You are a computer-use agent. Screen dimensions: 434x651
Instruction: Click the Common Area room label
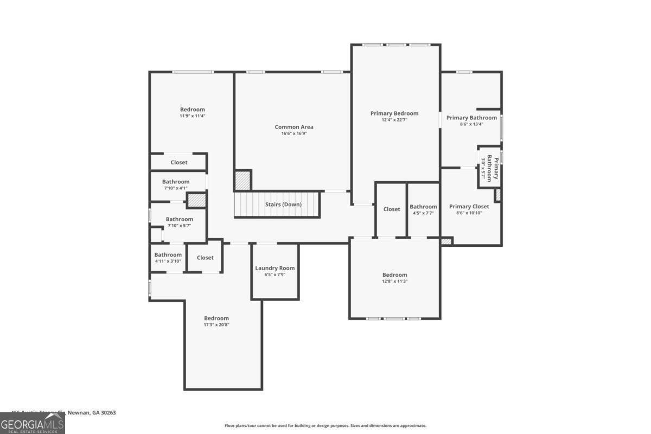coord(293,127)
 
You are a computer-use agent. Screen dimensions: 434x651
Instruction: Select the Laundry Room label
coord(275,268)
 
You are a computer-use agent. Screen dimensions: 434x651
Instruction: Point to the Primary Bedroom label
coord(394,113)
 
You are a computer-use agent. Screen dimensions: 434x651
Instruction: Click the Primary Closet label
coord(469,206)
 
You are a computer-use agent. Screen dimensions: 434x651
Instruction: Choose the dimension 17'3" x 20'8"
coord(216,325)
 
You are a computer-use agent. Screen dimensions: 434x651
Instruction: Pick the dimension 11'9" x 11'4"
coord(193,116)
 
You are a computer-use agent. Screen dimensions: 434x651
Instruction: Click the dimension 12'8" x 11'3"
coord(394,281)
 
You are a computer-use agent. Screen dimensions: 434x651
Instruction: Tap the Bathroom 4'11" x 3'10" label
coord(168,255)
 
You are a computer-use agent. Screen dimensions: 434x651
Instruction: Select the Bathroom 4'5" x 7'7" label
coord(423,207)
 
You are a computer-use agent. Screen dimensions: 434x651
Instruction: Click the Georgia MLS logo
coord(33,423)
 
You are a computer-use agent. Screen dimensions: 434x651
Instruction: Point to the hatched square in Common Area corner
coord(242,180)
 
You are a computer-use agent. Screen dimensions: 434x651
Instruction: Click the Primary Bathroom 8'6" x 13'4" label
coord(471,118)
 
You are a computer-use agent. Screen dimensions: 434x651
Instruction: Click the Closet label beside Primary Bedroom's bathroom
coord(392,209)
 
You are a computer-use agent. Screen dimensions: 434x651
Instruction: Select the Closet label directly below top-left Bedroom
coord(179,162)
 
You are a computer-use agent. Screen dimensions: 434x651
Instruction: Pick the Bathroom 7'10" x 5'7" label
coord(179,219)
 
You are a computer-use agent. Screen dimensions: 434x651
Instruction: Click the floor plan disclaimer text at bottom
coord(325,426)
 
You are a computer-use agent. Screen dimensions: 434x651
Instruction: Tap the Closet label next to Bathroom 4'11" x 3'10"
coord(205,258)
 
